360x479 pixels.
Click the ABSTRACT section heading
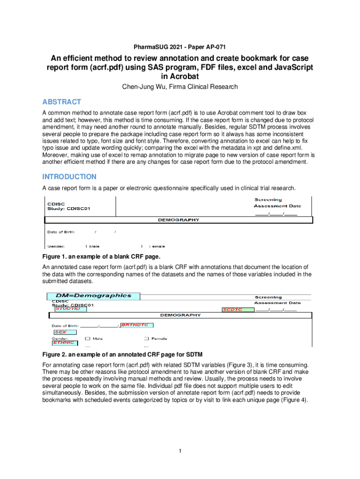click(62, 102)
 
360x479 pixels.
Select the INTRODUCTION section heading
click(69, 177)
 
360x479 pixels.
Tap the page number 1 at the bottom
click(180, 451)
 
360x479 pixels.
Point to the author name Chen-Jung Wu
click(145, 87)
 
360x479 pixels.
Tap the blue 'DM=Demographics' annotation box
click(93, 296)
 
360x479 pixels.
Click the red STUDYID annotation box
click(70, 309)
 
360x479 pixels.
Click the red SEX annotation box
click(61, 332)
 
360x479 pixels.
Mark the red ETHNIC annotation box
click(63, 343)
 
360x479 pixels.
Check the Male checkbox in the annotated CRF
click(87, 338)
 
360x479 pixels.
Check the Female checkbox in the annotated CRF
click(146, 338)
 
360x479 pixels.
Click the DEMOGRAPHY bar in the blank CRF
click(178, 220)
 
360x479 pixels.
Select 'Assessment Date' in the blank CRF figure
click(277, 206)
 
